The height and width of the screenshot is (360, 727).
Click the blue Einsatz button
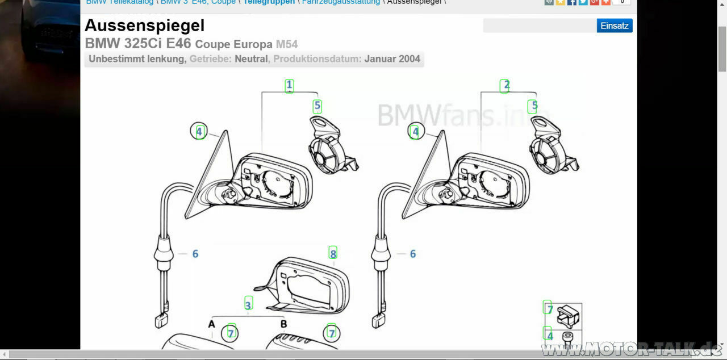coord(614,26)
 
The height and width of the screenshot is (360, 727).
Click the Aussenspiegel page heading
coord(144,26)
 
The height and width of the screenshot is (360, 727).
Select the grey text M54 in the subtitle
coord(287,44)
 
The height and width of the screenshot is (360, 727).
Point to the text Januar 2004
coord(392,58)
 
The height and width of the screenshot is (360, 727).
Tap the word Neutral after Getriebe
coord(252,58)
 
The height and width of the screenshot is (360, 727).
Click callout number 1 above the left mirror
coord(289,86)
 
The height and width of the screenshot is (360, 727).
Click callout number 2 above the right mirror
coord(505,86)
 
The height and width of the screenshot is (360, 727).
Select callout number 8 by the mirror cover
coord(333,253)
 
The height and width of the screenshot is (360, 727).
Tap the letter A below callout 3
coord(211,324)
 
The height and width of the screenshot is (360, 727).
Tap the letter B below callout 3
coord(283,324)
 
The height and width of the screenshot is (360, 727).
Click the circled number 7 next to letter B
coord(331,332)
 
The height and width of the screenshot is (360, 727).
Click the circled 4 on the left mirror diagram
coord(199,132)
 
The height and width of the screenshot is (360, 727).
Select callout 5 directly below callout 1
coord(317,106)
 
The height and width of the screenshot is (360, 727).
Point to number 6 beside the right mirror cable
coord(413,254)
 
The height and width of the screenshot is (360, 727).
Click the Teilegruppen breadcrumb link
coord(269,2)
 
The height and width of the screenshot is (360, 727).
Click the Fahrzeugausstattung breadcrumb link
coord(341,2)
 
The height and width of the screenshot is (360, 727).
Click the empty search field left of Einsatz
coord(539,26)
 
